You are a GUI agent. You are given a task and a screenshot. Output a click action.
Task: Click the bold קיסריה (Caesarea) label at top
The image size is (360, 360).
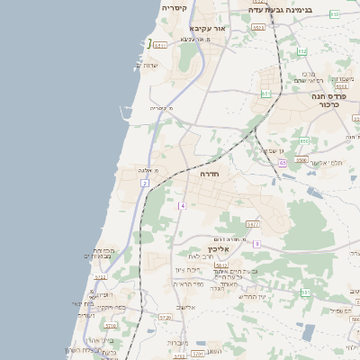coord(175,8)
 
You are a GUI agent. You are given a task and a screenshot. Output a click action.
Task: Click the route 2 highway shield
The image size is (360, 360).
coord(143,184)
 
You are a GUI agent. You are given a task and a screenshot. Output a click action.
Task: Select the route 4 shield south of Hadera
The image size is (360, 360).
coord(182,206)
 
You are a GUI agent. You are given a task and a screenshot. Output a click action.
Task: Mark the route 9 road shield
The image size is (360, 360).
coord(256,243)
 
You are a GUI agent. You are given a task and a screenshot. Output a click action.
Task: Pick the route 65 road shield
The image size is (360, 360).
coord(283,163)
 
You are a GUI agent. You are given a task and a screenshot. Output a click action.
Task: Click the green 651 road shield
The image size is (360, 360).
coord(265,94)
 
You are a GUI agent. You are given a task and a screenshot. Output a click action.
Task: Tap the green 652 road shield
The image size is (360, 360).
coord(301,51)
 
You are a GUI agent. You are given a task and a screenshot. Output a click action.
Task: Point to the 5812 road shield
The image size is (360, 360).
coord(161,45)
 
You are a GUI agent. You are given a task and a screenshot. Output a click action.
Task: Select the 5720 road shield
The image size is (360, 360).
coord(165,318)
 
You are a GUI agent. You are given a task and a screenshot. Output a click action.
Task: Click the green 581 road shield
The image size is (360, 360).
coord(305,292)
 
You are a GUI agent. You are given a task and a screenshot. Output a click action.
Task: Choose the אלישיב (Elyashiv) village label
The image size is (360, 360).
coord(185,308)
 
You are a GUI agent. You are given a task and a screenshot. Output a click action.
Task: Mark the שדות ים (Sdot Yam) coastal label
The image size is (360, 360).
coord(146,65)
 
